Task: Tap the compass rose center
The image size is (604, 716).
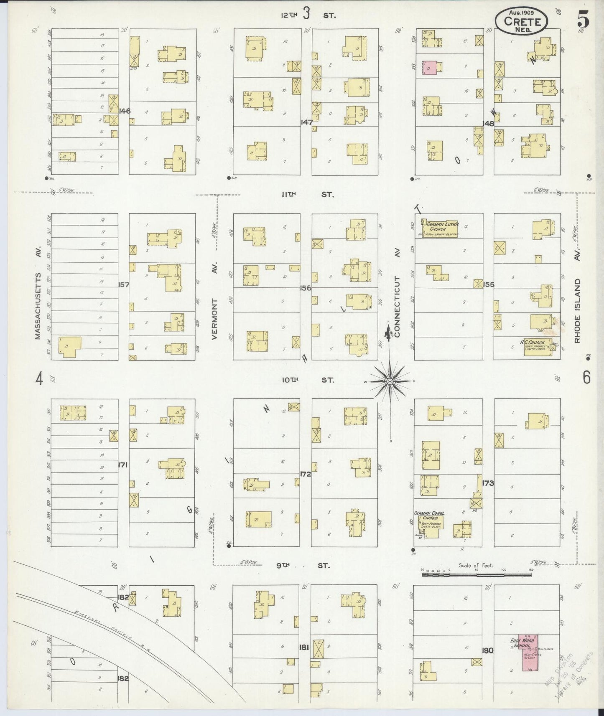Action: click(x=390, y=381)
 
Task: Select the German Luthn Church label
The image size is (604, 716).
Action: click(x=442, y=226)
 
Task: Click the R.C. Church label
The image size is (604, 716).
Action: click(x=532, y=343)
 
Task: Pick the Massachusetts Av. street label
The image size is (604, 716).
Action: click(x=37, y=306)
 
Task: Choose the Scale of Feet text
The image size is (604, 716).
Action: click(x=476, y=566)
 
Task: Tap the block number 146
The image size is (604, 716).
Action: click(x=125, y=111)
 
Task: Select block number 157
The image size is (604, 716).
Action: click(x=124, y=285)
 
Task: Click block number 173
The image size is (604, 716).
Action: click(x=488, y=483)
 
